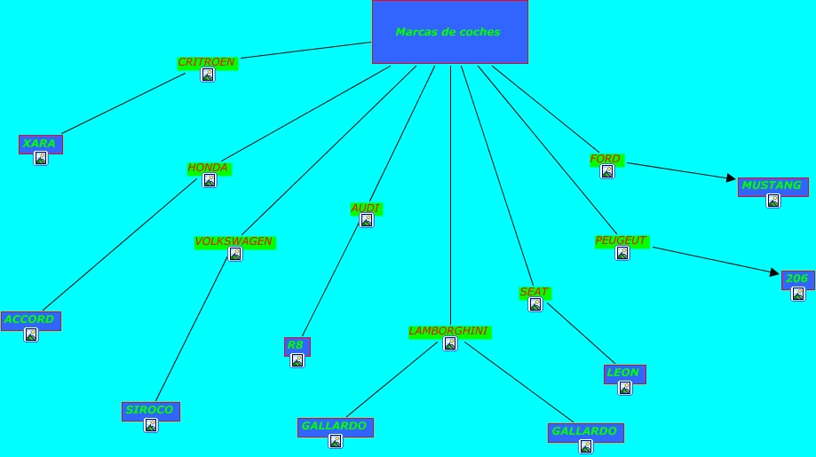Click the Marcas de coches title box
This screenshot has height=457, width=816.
(x=449, y=32)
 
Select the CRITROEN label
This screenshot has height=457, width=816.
(x=207, y=62)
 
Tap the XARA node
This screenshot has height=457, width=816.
(x=40, y=144)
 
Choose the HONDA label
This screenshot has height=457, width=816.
(x=209, y=168)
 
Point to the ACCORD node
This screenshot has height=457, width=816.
(x=30, y=319)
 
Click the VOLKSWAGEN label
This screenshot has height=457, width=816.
(x=234, y=241)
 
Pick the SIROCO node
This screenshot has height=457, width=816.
(x=150, y=410)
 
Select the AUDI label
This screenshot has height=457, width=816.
(x=366, y=209)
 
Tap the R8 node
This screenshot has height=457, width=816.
(x=297, y=345)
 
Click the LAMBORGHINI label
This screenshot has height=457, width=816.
(x=449, y=331)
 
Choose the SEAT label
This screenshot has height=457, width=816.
(x=535, y=292)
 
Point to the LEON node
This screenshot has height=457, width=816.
(x=624, y=373)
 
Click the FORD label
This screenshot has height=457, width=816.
(x=606, y=159)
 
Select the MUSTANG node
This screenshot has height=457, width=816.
(x=772, y=185)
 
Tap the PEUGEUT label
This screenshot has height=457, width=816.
(x=622, y=240)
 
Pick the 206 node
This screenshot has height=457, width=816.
(x=797, y=279)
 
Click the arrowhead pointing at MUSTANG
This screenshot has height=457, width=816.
(x=732, y=178)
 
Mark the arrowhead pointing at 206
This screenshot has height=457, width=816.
(x=774, y=273)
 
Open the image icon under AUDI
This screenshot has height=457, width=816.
(x=366, y=221)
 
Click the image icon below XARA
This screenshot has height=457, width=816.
(x=40, y=158)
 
